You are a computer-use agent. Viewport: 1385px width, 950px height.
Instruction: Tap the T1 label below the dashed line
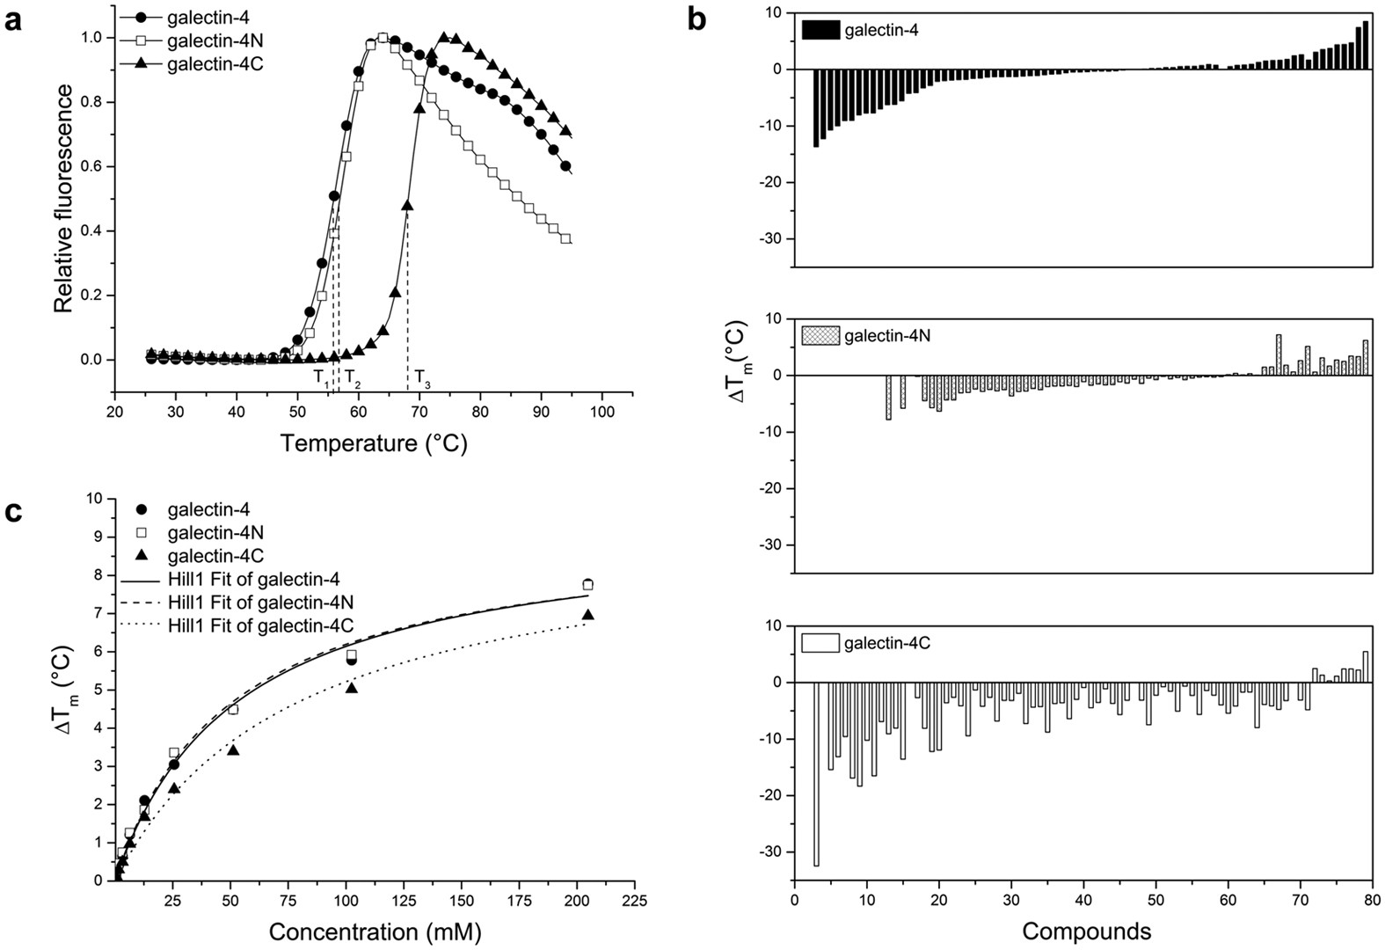[322, 378]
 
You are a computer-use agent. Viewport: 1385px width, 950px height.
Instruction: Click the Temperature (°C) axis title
[374, 443]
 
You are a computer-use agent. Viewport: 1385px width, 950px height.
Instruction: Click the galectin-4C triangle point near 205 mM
[588, 615]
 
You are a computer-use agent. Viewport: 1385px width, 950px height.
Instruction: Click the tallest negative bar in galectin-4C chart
[816, 774]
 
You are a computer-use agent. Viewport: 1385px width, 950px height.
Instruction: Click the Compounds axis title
[1087, 931]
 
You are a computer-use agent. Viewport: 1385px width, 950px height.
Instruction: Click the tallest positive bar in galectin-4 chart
[1366, 45]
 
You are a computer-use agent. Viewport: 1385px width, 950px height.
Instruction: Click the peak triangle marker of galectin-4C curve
[443, 37]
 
